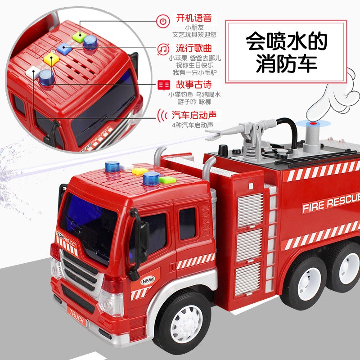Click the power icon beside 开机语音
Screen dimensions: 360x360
163,21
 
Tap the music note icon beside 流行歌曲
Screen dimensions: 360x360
163,49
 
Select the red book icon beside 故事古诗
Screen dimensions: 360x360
164,85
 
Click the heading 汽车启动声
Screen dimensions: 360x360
194,115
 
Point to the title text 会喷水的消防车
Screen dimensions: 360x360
286,52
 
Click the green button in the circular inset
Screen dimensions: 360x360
80,37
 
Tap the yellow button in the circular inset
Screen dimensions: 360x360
51,59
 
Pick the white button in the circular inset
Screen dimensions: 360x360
32,72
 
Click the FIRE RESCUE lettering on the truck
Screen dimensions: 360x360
331,204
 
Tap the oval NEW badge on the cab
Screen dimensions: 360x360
148,280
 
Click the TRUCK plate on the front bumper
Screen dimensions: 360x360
76,316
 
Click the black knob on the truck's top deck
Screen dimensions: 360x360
223,150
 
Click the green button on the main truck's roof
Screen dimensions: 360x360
167,180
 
